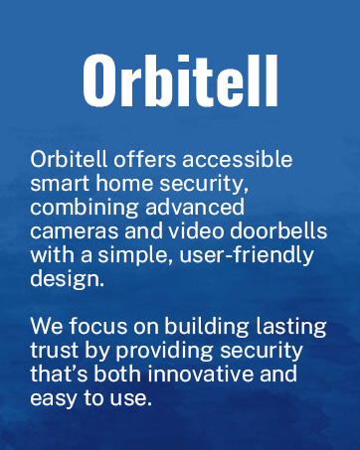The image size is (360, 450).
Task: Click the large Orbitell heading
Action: [x=180, y=80]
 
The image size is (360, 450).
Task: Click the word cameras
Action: [x=72, y=231]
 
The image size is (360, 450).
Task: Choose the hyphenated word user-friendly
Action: [x=219, y=255]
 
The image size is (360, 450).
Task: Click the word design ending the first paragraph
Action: [x=66, y=279]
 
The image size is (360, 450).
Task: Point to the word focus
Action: [x=94, y=328]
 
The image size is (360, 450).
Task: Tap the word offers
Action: [x=133, y=161]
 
